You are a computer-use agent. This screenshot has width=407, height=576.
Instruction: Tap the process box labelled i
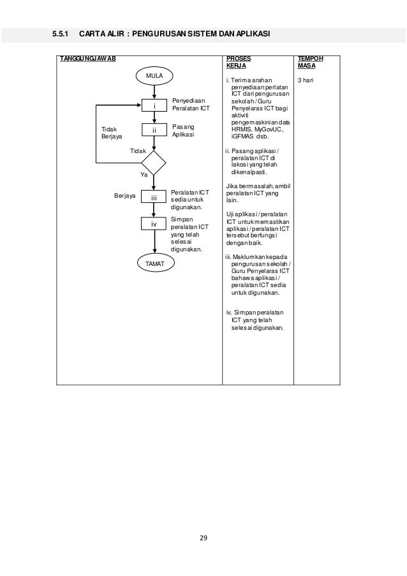point(154,105)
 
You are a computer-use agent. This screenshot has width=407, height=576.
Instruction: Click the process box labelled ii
point(154,131)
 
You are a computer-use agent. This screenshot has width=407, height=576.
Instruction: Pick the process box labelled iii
point(154,198)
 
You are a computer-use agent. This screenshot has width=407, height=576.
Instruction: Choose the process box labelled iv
point(154,225)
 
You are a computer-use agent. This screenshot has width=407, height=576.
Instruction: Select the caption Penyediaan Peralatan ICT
point(190,104)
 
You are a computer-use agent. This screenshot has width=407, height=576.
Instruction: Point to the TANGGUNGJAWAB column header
point(88,58)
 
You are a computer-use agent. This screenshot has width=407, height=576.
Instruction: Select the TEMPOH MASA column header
point(310,61)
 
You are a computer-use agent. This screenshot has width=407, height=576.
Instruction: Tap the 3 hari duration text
point(307,81)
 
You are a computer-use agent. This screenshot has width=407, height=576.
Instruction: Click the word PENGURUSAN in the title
point(165,33)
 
